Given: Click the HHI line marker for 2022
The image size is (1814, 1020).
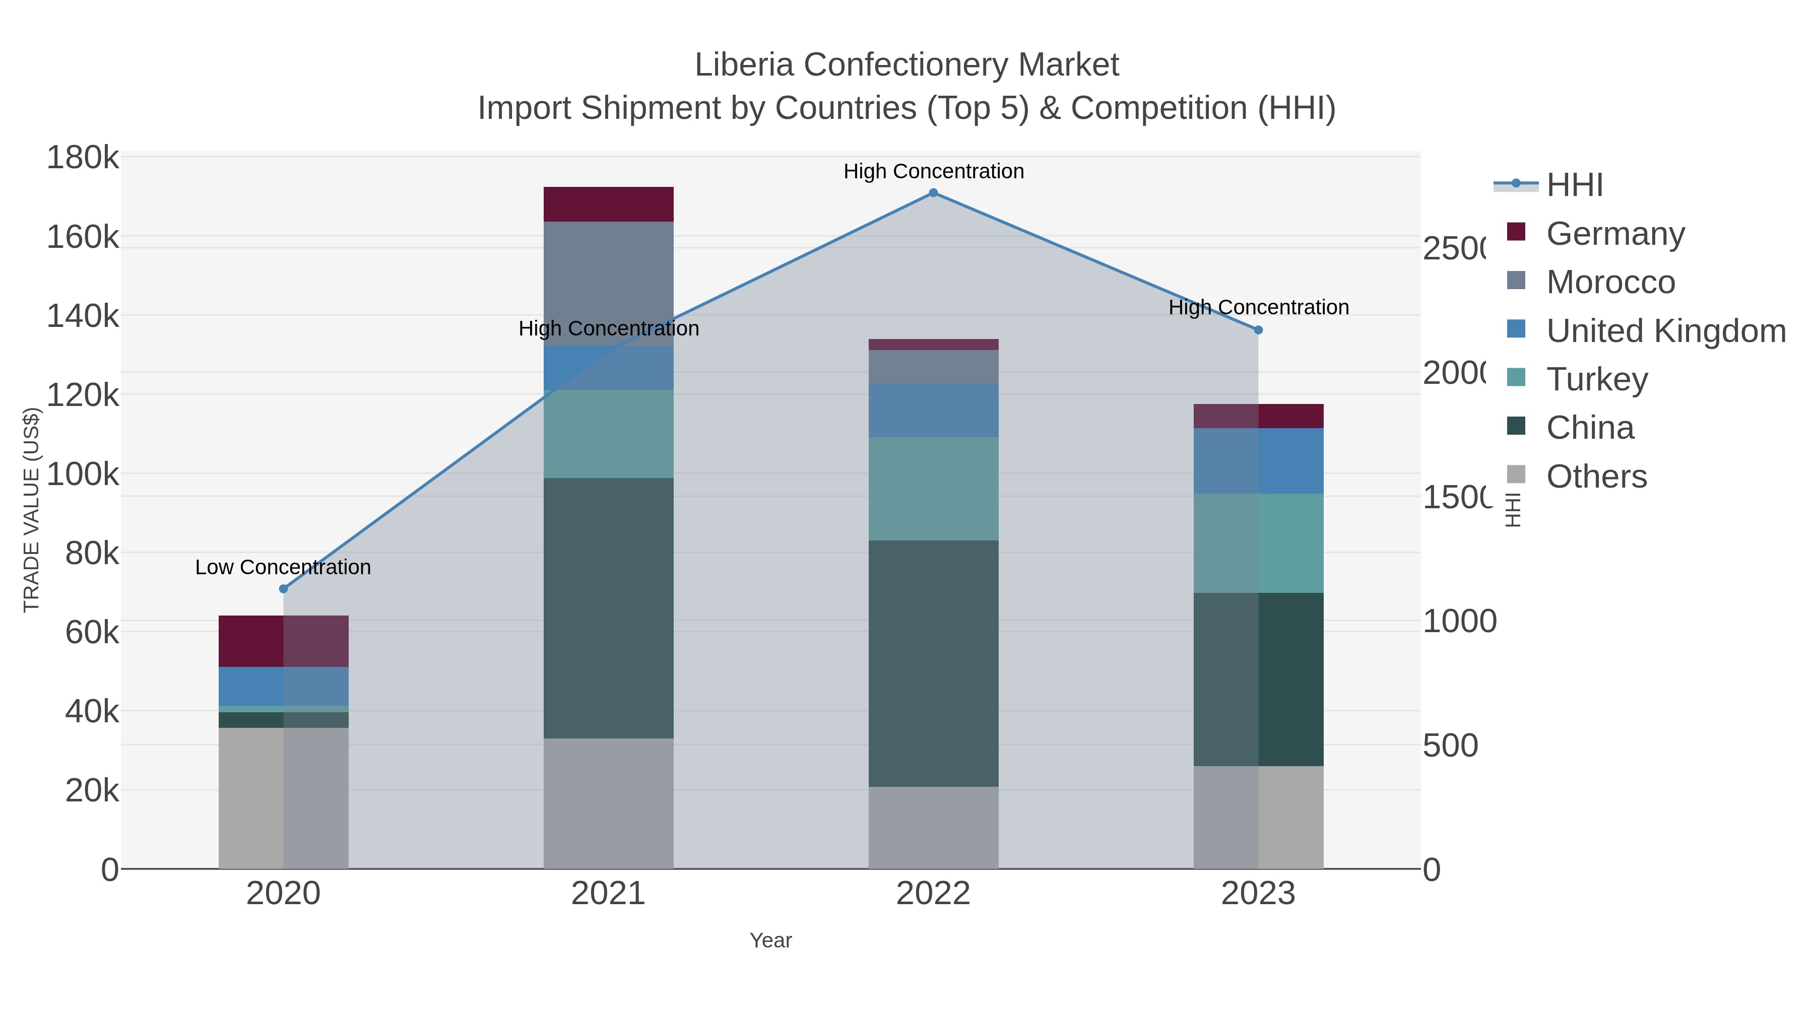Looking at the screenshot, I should (933, 193).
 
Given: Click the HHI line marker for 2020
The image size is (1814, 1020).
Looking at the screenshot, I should (284, 588).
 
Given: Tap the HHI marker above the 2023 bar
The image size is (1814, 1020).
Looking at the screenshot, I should (1258, 329).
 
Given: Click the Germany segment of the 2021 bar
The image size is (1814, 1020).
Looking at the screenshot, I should (608, 204).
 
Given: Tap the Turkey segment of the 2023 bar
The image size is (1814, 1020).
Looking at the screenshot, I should (1258, 542).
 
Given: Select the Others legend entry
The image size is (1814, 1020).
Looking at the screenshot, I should (1596, 477).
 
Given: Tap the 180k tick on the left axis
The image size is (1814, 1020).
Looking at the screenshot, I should (83, 158).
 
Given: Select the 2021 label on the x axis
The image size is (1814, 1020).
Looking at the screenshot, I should (608, 894).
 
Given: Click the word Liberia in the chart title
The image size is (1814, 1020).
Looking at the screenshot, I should (745, 65).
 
